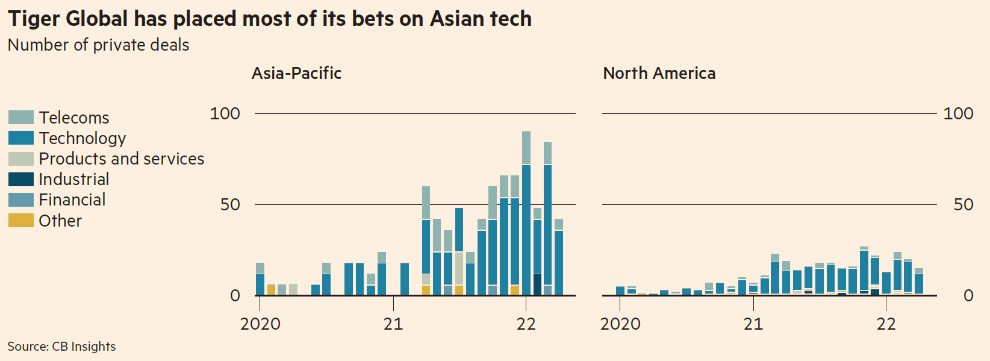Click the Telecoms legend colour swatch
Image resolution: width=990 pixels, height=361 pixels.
[20, 117]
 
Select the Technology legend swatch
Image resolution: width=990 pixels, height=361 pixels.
[20, 138]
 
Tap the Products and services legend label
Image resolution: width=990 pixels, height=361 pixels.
[121, 159]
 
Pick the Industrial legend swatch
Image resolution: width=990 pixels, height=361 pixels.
[20, 179]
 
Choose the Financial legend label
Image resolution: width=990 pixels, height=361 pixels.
[72, 199]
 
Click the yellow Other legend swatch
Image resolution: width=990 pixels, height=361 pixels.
[20, 221]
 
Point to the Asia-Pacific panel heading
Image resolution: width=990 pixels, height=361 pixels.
[296, 73]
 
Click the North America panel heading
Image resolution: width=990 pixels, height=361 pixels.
[659, 73]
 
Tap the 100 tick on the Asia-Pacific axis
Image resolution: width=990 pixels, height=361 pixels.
[225, 113]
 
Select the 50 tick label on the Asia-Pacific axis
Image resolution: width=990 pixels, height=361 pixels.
[230, 204]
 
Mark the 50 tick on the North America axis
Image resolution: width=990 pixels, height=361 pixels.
[964, 204]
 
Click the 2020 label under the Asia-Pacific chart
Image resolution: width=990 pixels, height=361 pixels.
[260, 324]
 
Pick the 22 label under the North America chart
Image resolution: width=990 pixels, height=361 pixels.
[886, 324]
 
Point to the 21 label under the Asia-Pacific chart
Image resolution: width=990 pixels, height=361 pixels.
[393, 324]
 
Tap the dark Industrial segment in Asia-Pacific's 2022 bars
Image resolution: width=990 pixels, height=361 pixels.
[537, 284]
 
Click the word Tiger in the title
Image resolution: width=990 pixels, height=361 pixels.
[34, 19]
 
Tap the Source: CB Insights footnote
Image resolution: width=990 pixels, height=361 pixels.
[61, 347]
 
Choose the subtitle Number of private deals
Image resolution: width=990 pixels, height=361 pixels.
[98, 45]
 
